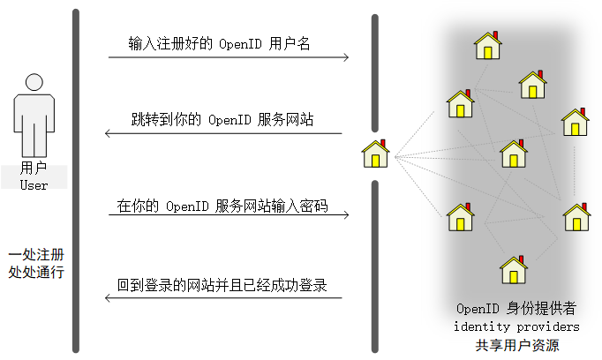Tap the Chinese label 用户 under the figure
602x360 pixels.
coord(34,168)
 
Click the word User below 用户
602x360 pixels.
coord(34,184)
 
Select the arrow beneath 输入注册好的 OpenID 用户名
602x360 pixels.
coord(229,58)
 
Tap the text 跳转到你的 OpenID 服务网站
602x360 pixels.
coord(222,119)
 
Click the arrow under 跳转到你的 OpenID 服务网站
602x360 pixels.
coord(223,134)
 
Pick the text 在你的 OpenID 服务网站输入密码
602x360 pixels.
coord(222,207)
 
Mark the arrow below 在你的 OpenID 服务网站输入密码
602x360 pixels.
coord(229,215)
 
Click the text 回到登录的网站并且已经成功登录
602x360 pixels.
coord(222,285)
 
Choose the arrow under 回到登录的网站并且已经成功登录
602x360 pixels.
coord(223,298)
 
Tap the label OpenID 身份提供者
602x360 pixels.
coord(516,309)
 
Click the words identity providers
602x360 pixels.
coord(516,326)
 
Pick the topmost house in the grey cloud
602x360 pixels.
coord(488,45)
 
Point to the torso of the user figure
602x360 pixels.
coord(34,119)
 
